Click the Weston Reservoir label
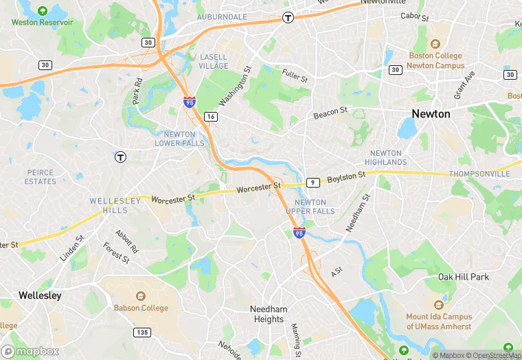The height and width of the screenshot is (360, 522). (42, 22)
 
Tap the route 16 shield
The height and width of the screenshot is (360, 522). (211, 117)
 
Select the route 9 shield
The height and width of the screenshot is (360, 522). (313, 182)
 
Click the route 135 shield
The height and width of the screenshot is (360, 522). (142, 333)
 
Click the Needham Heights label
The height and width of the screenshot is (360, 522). (268, 315)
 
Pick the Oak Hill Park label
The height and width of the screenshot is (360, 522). (464, 277)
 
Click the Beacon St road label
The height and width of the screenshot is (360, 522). (330, 112)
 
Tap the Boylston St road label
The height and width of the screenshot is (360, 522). (345, 177)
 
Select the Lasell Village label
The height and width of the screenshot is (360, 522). (213, 61)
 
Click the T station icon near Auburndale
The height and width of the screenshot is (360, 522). (288, 19)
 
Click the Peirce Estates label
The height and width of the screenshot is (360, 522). (41, 177)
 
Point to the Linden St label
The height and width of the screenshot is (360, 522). (71, 248)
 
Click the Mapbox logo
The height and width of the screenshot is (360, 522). (30, 351)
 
